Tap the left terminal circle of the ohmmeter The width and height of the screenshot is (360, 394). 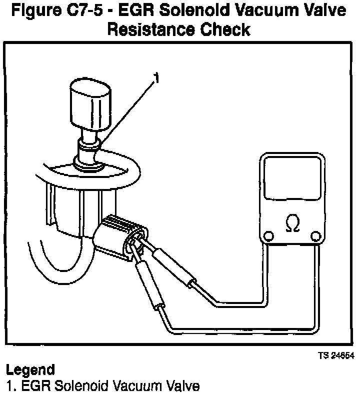point(269,236)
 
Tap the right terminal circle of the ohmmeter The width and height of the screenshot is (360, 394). point(314,236)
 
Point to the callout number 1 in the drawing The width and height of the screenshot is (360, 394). point(156,78)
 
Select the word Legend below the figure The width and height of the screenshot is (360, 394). point(30,370)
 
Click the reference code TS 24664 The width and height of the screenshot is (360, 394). point(335,356)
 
